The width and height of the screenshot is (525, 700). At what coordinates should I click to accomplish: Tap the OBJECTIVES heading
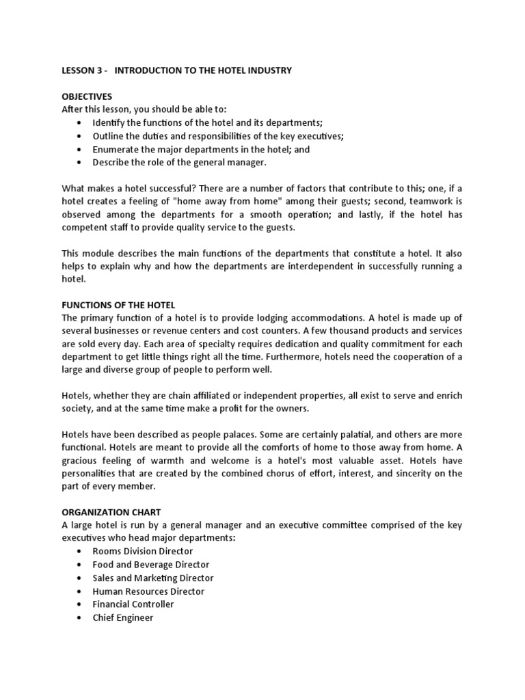click(x=87, y=96)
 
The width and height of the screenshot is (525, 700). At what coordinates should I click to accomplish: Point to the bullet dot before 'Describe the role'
click(x=79, y=163)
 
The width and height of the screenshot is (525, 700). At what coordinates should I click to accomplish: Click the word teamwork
click(x=429, y=202)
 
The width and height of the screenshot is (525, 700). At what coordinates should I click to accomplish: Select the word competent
click(x=85, y=228)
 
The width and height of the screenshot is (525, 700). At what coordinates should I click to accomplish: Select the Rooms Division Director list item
click(x=143, y=551)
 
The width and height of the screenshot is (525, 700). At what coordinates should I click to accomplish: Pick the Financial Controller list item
click(x=133, y=604)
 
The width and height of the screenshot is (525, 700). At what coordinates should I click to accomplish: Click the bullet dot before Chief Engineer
click(x=79, y=618)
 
